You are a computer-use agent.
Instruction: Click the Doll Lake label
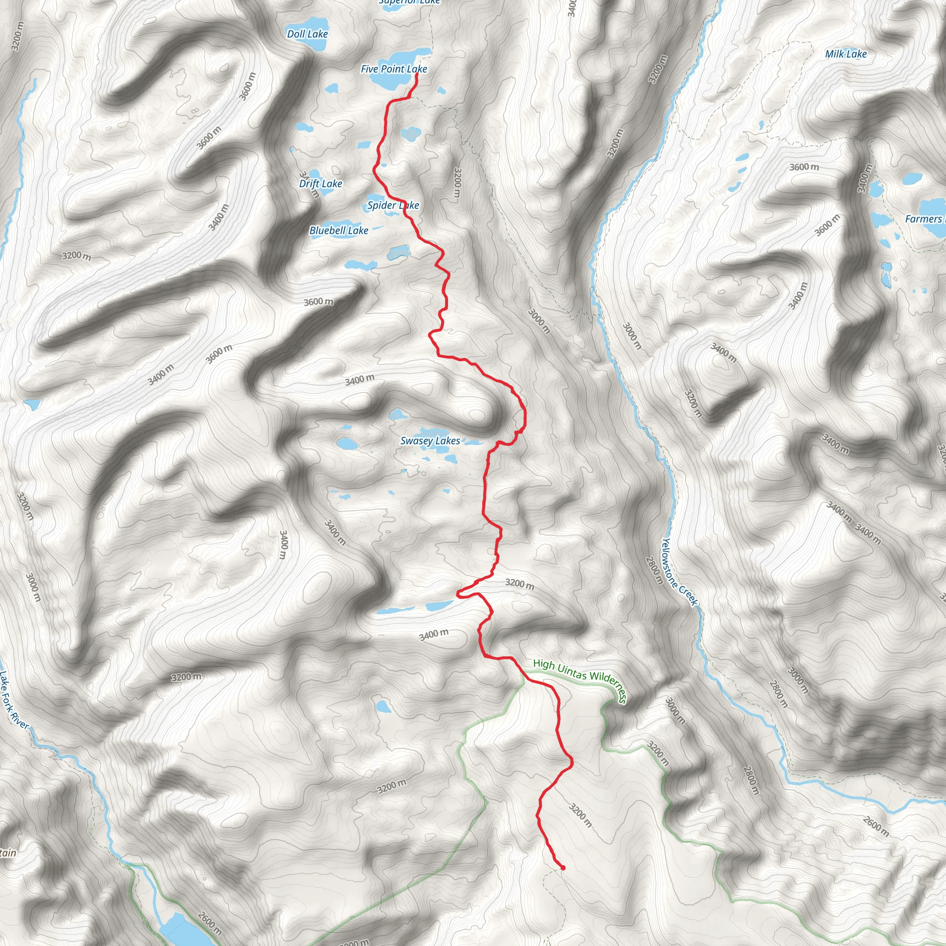[308, 34]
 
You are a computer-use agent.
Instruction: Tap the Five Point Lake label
[394, 69]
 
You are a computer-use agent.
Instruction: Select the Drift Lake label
[321, 184]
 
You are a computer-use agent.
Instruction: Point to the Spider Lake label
[393, 205]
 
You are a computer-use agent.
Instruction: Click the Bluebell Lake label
[339, 230]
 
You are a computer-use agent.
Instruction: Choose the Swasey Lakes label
[430, 441]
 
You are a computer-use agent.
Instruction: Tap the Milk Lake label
[846, 54]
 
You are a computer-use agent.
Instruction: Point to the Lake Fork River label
[14, 700]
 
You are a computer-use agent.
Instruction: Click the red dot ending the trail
[563, 867]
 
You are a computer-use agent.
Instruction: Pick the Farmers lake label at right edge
[924, 219]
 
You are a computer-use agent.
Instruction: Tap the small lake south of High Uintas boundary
[383, 707]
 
